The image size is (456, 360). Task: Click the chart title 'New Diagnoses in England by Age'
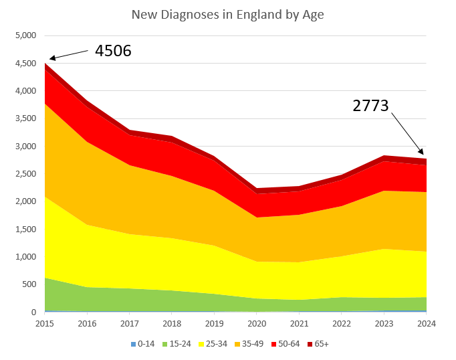point(228,15)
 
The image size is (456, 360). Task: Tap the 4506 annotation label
point(113,51)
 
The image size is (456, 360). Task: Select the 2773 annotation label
point(371,105)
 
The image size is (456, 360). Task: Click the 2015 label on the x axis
point(45,323)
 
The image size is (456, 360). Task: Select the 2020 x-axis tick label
point(257,323)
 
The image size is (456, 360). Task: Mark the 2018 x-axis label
point(173,323)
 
